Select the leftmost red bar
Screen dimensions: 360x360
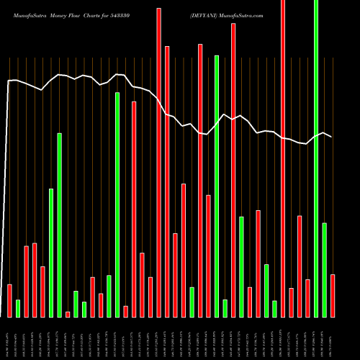[9, 300]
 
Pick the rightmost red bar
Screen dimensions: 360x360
[333, 295]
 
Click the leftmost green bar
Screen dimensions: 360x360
[18, 308]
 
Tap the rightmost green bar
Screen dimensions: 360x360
[325, 270]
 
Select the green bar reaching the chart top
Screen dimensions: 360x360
[316, 158]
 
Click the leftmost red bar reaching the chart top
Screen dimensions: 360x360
[158, 158]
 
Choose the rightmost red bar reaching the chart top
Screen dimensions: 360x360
[283, 158]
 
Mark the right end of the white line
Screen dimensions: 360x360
[331, 137]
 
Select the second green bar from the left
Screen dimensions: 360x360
[51, 253]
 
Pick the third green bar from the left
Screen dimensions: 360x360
[59, 225]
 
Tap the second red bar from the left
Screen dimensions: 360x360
[26, 282]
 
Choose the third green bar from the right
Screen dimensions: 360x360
[275, 309]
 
